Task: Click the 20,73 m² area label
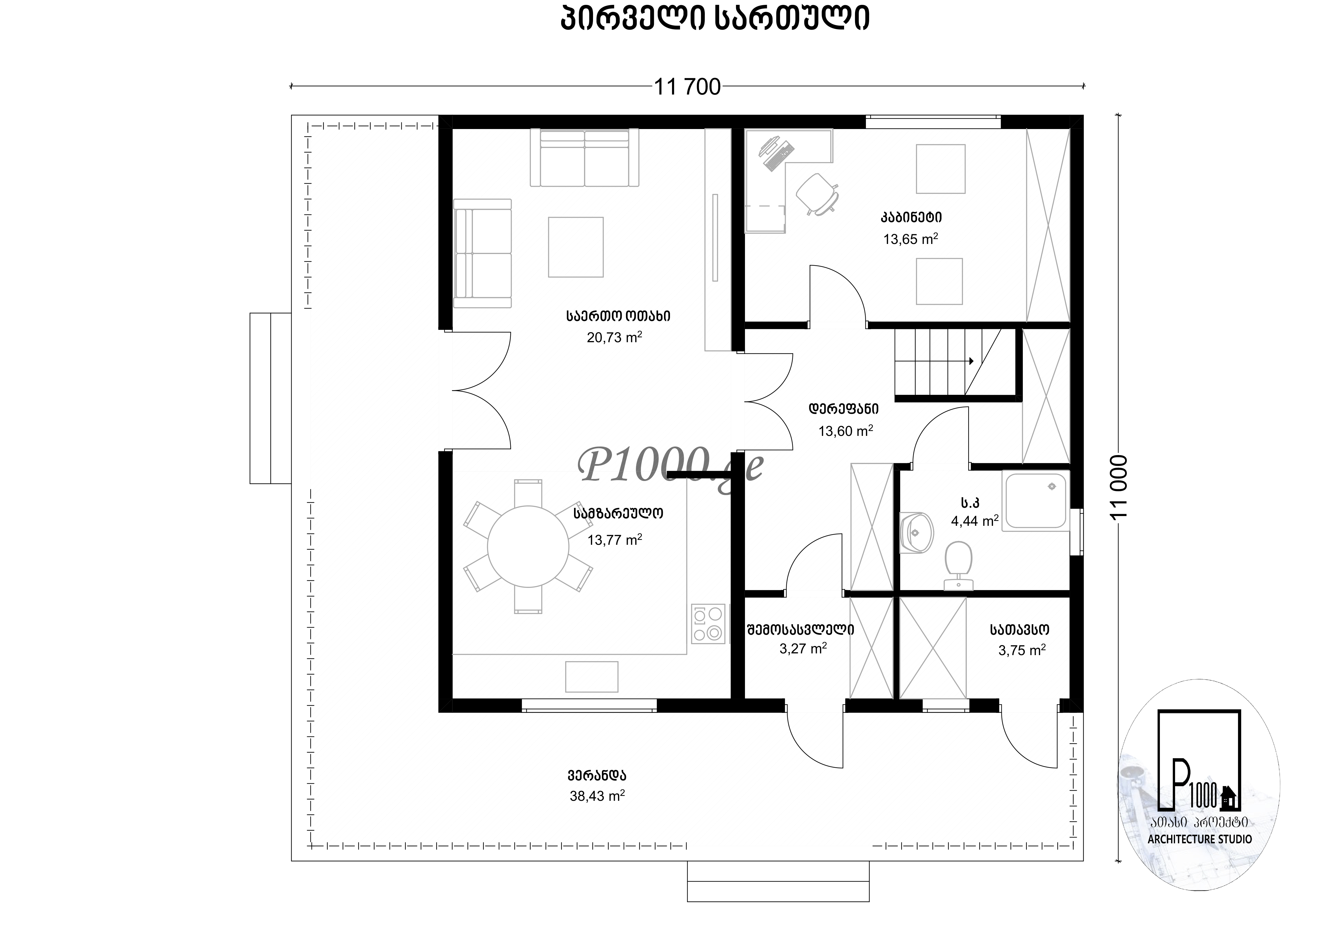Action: click(614, 337)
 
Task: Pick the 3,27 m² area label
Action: click(802, 648)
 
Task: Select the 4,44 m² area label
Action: click(974, 520)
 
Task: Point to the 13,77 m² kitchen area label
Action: click(614, 540)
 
